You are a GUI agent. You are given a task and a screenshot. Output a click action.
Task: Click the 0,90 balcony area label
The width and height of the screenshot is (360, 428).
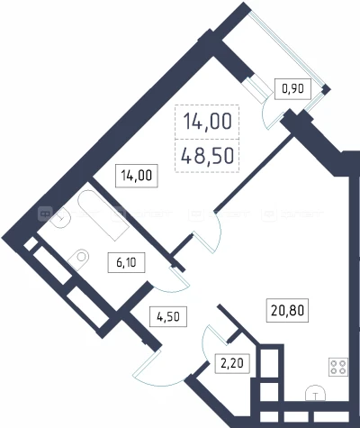(x=292, y=89)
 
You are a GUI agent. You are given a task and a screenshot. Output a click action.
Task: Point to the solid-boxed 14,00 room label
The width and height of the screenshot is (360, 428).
(x=135, y=176)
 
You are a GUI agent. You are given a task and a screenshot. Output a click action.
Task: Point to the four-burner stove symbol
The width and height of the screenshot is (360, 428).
(x=339, y=367)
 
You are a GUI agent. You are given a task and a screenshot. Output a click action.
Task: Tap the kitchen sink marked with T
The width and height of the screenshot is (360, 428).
(x=317, y=394)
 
